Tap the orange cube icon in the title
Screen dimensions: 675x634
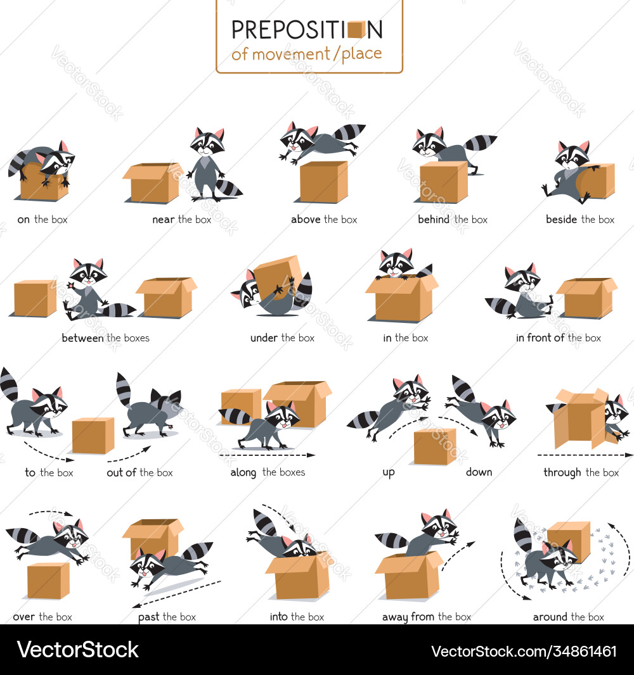[x=356, y=29]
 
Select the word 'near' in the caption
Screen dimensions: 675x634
[x=164, y=220]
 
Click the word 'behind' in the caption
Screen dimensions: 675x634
[x=434, y=220]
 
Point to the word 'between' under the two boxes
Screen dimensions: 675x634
[x=82, y=338]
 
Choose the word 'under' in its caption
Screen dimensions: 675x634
[x=264, y=338]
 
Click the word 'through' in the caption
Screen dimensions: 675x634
[x=562, y=472]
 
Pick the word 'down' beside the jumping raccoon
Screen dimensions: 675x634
[x=479, y=472]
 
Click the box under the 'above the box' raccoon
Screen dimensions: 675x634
[x=323, y=182]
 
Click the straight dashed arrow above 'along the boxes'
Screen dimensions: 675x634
[x=267, y=455]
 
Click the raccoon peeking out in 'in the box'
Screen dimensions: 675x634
[x=397, y=263]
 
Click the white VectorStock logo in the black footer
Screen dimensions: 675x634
[x=77, y=650]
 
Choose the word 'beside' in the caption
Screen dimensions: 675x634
[x=561, y=220]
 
